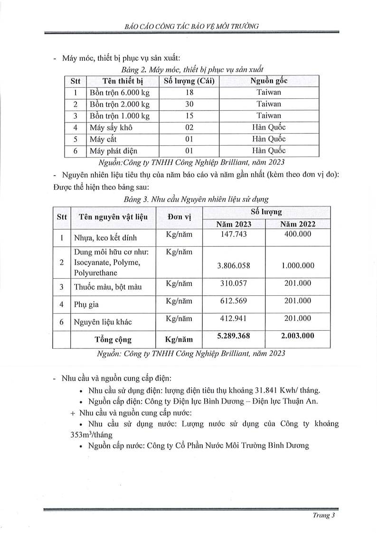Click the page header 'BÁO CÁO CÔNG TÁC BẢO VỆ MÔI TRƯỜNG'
click(x=188, y=26)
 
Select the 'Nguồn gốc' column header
click(x=269, y=81)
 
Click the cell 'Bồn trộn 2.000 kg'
click(x=119, y=104)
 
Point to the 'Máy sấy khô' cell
click(x=111, y=127)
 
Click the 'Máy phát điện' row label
click(x=113, y=151)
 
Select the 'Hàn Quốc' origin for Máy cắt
click(x=269, y=139)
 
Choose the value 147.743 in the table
click(x=234, y=234)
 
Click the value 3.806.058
click(x=234, y=265)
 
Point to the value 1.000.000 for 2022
click(x=298, y=265)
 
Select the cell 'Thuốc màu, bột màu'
click(x=108, y=287)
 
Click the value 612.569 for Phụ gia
click(x=234, y=301)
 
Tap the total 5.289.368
click(x=234, y=336)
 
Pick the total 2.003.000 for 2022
click(x=298, y=336)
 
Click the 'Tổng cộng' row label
click(x=113, y=339)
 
